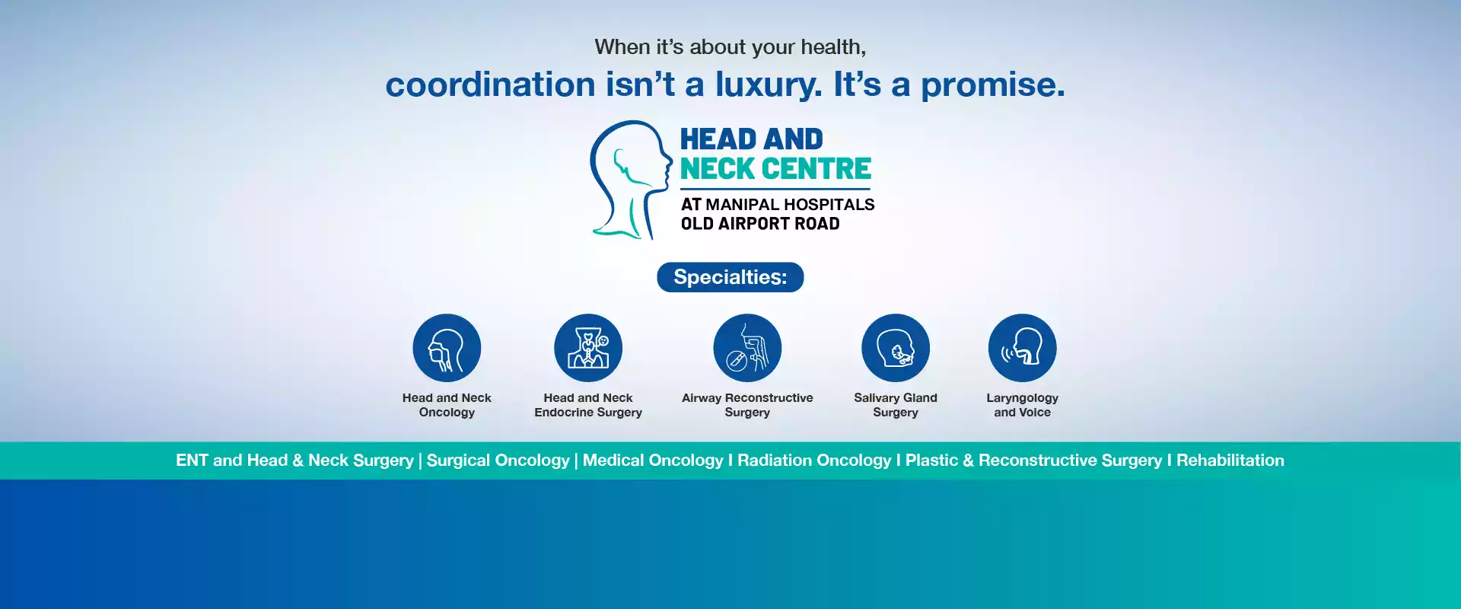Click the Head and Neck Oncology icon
tap(447, 348)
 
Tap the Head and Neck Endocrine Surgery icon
tap(588, 348)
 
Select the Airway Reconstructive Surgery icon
tap(747, 348)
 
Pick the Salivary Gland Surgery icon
tap(896, 348)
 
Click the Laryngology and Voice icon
tap(1022, 348)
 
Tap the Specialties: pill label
tap(730, 277)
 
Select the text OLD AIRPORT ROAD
tap(760, 224)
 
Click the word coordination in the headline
tap(490, 84)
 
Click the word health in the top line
tap(832, 47)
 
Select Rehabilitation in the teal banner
tap(1230, 461)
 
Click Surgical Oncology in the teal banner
tap(498, 461)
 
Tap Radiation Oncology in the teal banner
tap(814, 461)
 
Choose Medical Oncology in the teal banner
tap(653, 461)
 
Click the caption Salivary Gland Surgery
tap(896, 405)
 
